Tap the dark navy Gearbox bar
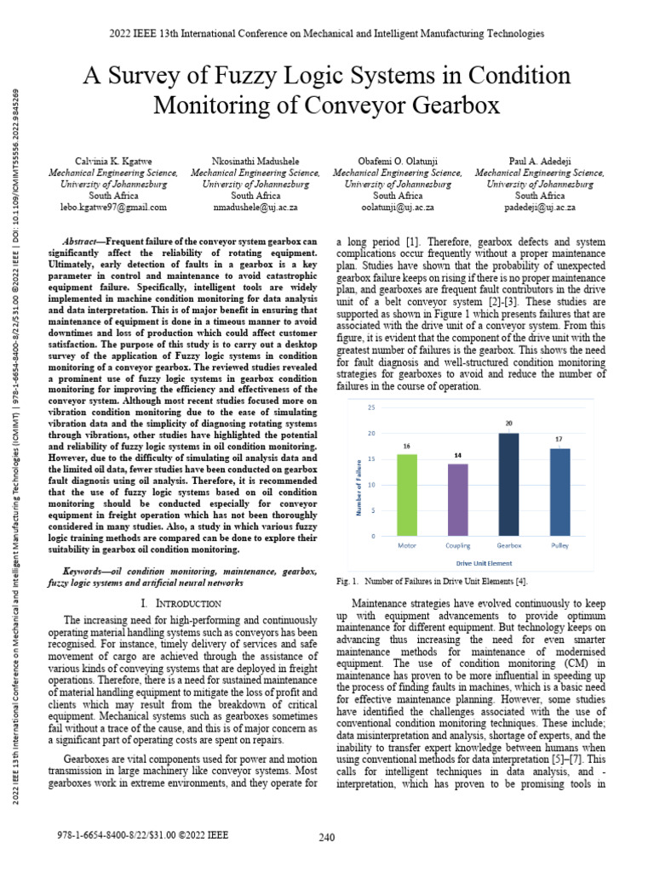[508, 485]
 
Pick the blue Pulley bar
[559, 492]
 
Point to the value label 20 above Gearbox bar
[508, 424]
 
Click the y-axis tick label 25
[371, 407]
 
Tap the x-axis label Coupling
[457, 544]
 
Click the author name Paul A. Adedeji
[537, 160]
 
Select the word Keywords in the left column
[90, 569]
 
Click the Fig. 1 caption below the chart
[432, 581]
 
